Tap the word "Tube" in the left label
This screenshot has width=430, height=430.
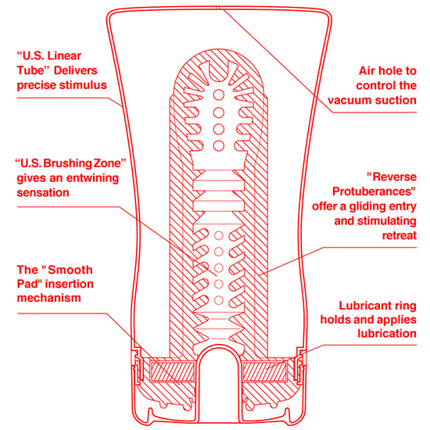[30, 70]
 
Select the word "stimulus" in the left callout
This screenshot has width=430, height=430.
[84, 85]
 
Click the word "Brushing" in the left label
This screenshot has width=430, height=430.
[68, 163]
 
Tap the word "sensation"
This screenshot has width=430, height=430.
[43, 192]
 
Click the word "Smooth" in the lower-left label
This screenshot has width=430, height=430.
[70, 271]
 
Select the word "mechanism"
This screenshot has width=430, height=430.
[49, 298]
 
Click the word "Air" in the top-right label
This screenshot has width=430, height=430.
[367, 70]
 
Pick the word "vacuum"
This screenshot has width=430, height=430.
[349, 100]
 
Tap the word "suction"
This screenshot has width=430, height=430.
[396, 100]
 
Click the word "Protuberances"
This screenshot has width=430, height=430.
[374, 192]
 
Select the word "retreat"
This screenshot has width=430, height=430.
[400, 235]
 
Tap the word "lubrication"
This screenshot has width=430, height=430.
[387, 334]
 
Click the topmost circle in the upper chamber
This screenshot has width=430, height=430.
[219, 95]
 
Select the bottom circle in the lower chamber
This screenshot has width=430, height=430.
[219, 300]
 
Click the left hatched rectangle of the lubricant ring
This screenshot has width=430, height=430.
[172, 371]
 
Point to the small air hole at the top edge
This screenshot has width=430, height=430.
[218, 8]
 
